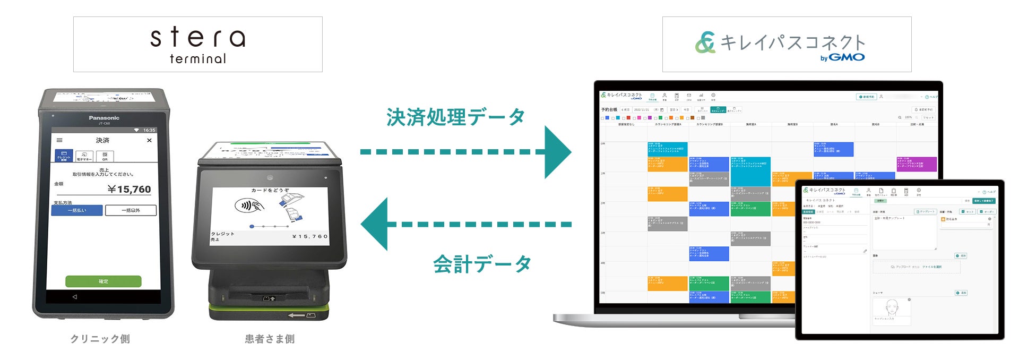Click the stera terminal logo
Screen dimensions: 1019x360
197,45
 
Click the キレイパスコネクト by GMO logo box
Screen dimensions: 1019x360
787,45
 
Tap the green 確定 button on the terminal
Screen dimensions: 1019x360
103,281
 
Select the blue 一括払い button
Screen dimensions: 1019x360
77,210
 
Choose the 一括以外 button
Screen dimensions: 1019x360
131,210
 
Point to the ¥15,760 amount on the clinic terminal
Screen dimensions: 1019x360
129,190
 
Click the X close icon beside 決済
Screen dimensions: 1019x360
149,141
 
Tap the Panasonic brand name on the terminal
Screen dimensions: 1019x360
104,118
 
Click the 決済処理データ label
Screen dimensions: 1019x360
455,117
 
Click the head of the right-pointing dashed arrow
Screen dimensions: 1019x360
557,152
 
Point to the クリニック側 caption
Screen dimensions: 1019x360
100,339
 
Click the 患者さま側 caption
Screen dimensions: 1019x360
270,339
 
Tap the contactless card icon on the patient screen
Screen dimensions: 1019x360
249,205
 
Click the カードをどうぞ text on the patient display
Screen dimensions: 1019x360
270,190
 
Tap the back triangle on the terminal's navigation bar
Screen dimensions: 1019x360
74,297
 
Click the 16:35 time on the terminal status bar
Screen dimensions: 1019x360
149,130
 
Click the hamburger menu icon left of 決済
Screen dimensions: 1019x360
59,141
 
